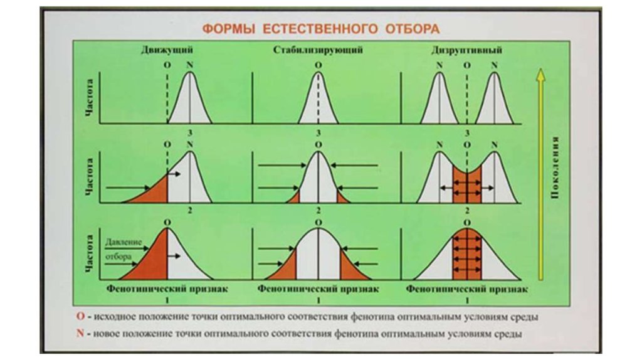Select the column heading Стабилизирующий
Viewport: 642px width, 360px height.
point(318,49)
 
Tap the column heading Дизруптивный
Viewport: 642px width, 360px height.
point(466,49)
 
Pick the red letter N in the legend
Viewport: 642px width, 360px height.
point(79,332)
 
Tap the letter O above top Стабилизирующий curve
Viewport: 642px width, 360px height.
point(318,65)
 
